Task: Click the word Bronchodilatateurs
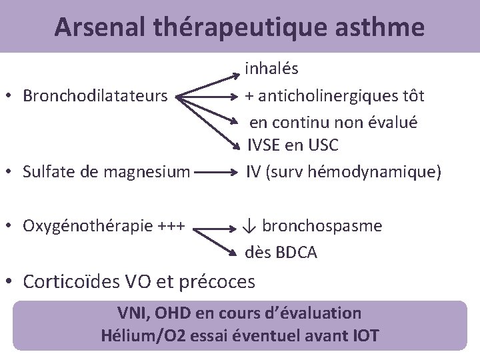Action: (95, 96)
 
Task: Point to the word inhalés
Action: (271, 68)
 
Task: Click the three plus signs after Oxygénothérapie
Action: (175, 226)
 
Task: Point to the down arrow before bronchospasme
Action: (249, 226)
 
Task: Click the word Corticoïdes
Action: (71, 282)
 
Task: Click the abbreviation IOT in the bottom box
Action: (365, 335)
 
